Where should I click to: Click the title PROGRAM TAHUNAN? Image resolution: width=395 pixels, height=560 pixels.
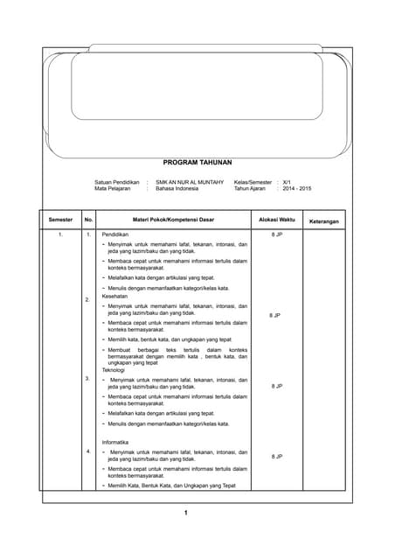click(197, 163)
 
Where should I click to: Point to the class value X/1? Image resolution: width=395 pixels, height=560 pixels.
click(288, 181)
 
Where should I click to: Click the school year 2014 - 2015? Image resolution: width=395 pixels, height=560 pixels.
click(298, 188)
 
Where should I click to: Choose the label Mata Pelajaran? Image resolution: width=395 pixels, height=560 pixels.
click(114, 188)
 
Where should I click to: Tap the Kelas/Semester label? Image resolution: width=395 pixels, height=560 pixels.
click(253, 181)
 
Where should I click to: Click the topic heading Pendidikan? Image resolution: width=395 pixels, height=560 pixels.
click(115, 235)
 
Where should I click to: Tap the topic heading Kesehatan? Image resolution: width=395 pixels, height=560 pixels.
click(115, 296)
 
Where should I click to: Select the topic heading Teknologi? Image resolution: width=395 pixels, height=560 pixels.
click(114, 370)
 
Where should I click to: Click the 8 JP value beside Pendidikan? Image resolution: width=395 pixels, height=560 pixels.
click(276, 235)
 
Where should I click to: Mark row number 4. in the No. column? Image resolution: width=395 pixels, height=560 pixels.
click(87, 451)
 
